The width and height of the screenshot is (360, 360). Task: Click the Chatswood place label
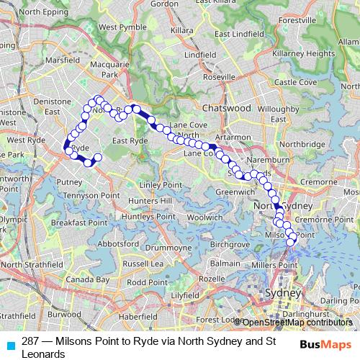tap(227, 107)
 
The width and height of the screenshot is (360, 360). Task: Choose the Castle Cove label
tap(295, 82)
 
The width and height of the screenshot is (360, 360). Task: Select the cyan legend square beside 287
tap(11, 344)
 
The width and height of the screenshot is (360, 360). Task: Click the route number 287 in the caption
tap(30, 341)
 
